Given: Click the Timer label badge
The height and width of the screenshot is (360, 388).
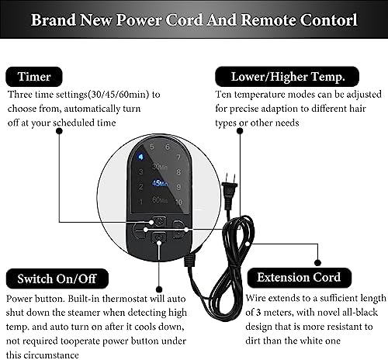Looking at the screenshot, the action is [x=34, y=77].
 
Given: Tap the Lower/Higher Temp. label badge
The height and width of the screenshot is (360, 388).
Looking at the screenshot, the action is [x=287, y=77].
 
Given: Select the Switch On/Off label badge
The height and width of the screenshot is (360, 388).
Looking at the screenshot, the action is [x=57, y=279].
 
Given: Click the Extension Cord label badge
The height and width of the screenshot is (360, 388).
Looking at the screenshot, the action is [x=300, y=278].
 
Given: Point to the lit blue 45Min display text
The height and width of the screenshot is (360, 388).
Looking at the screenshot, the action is [x=160, y=183].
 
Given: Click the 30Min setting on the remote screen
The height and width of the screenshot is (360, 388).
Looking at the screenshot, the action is [x=160, y=167].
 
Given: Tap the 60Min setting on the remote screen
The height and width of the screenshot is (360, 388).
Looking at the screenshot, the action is [x=160, y=200].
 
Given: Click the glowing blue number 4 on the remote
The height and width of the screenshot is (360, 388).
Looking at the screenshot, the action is [x=140, y=157].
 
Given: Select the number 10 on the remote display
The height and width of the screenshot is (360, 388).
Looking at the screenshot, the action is [x=178, y=202].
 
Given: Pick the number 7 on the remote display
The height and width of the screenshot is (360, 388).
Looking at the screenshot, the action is [x=178, y=157].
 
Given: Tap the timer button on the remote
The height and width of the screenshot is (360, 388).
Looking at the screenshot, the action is [x=159, y=221].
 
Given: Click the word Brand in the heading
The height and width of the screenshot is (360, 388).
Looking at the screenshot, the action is [x=54, y=20].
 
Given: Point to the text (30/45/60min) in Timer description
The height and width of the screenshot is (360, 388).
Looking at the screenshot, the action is [x=119, y=95].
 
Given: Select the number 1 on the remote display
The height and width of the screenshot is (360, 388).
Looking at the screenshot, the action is [x=141, y=202].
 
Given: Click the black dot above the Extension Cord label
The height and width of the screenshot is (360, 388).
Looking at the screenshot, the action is [x=317, y=263].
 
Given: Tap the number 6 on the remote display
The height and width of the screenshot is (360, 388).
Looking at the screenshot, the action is [x=168, y=147].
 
